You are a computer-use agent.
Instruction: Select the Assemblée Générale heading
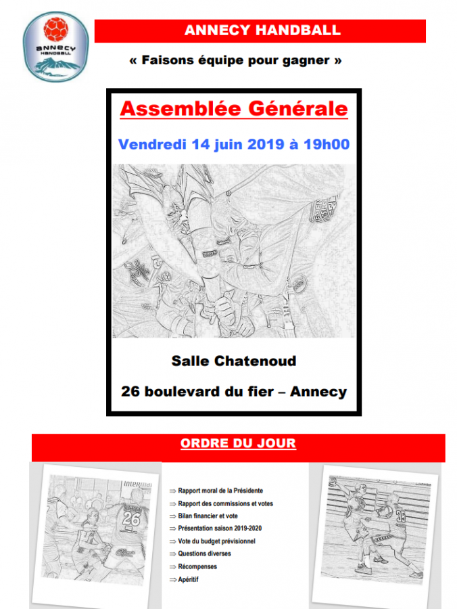pos(234,109)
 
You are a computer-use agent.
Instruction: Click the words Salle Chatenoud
pos(234,361)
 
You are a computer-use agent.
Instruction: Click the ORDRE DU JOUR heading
pos(238,444)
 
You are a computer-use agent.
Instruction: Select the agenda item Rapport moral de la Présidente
pos(220,491)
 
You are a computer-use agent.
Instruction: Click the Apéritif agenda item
pos(189,579)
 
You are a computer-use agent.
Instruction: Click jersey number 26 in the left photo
pos(131,520)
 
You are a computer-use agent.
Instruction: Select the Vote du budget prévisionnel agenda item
pos(216,541)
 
